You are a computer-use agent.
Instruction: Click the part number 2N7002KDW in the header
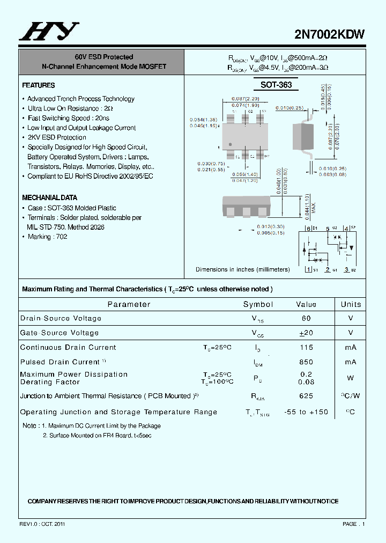click(x=330, y=34)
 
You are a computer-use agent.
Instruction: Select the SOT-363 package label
click(x=276, y=85)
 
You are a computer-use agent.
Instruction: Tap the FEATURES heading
click(x=39, y=85)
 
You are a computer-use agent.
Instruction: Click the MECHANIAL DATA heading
click(x=49, y=197)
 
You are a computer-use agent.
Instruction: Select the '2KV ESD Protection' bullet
click(x=56, y=137)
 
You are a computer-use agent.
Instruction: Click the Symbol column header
click(x=258, y=304)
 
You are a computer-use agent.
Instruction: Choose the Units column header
click(x=351, y=304)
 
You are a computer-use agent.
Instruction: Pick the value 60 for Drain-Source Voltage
click(x=306, y=318)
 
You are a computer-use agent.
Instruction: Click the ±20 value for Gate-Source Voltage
click(x=306, y=333)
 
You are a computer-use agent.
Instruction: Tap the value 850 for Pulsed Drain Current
click(x=306, y=362)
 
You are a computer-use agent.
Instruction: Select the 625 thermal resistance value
click(x=306, y=396)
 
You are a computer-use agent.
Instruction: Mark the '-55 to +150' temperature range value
click(x=306, y=412)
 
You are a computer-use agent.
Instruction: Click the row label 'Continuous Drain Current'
click(x=68, y=348)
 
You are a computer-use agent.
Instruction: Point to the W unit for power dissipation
click(x=351, y=378)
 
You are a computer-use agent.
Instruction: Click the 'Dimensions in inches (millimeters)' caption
click(x=242, y=269)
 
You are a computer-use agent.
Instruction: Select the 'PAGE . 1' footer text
click(x=354, y=524)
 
